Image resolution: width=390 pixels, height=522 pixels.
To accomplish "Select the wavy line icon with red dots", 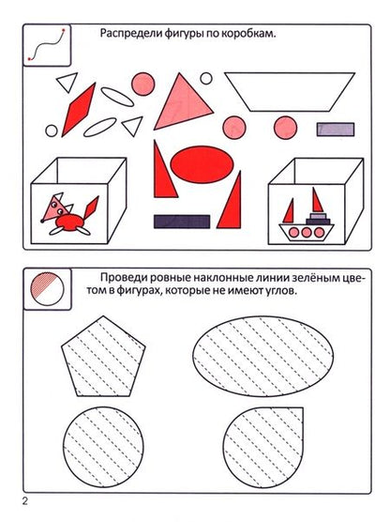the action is pos(46,44).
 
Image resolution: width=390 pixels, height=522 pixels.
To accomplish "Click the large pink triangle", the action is pos(183,102).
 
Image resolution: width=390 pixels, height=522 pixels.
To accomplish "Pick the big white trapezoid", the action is pos(290,92).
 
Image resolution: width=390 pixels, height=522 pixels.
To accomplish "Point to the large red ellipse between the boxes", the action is pos(202,164).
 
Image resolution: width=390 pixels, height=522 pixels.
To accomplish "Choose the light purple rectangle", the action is pos(335,130).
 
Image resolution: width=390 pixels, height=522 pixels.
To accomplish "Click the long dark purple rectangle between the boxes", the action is pos(182,222).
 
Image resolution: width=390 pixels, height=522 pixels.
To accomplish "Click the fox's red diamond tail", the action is pos(91,207).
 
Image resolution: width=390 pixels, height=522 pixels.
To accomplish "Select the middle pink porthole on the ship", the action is pos(307,232).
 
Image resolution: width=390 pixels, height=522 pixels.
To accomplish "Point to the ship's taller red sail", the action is pos(317,200).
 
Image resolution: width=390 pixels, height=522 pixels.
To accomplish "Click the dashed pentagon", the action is pos(103,357).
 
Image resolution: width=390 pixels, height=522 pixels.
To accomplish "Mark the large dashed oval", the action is pos(263,356).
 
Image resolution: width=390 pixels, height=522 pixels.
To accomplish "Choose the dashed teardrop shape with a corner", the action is pos(263,447).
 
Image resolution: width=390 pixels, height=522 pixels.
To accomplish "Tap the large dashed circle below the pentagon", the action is pos(103,447).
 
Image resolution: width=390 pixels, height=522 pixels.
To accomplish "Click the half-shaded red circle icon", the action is pos(47,289).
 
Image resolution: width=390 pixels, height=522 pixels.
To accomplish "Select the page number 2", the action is pos(25,501).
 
